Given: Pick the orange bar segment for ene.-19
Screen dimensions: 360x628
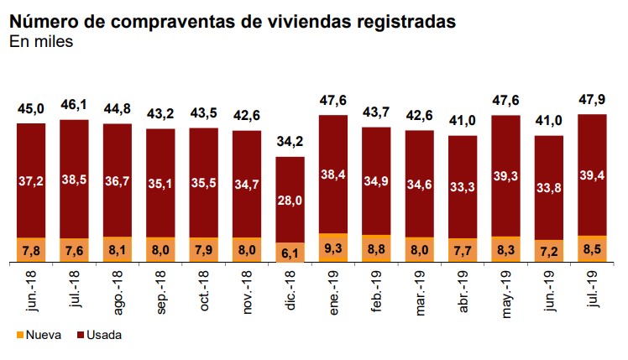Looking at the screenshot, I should pyautogui.click(x=333, y=248).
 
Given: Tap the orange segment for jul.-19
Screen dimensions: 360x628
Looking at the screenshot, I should pyautogui.click(x=592, y=249).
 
